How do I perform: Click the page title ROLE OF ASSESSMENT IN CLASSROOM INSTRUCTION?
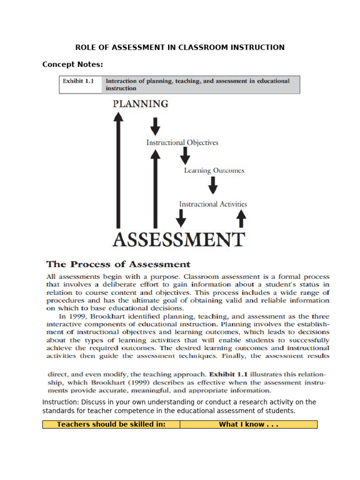180,47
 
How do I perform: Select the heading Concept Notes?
72,64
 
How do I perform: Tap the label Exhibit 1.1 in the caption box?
78,81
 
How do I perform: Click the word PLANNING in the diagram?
140,104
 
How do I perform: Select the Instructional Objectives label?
182,142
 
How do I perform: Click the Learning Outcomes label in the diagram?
214,171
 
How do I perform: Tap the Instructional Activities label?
213,204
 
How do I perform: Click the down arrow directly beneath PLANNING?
156,126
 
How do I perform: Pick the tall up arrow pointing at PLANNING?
119,169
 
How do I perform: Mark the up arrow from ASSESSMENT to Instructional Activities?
241,218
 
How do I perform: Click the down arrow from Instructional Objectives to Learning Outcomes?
186,156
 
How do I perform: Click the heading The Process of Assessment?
118,264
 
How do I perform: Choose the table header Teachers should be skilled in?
111,425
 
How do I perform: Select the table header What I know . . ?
248,425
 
